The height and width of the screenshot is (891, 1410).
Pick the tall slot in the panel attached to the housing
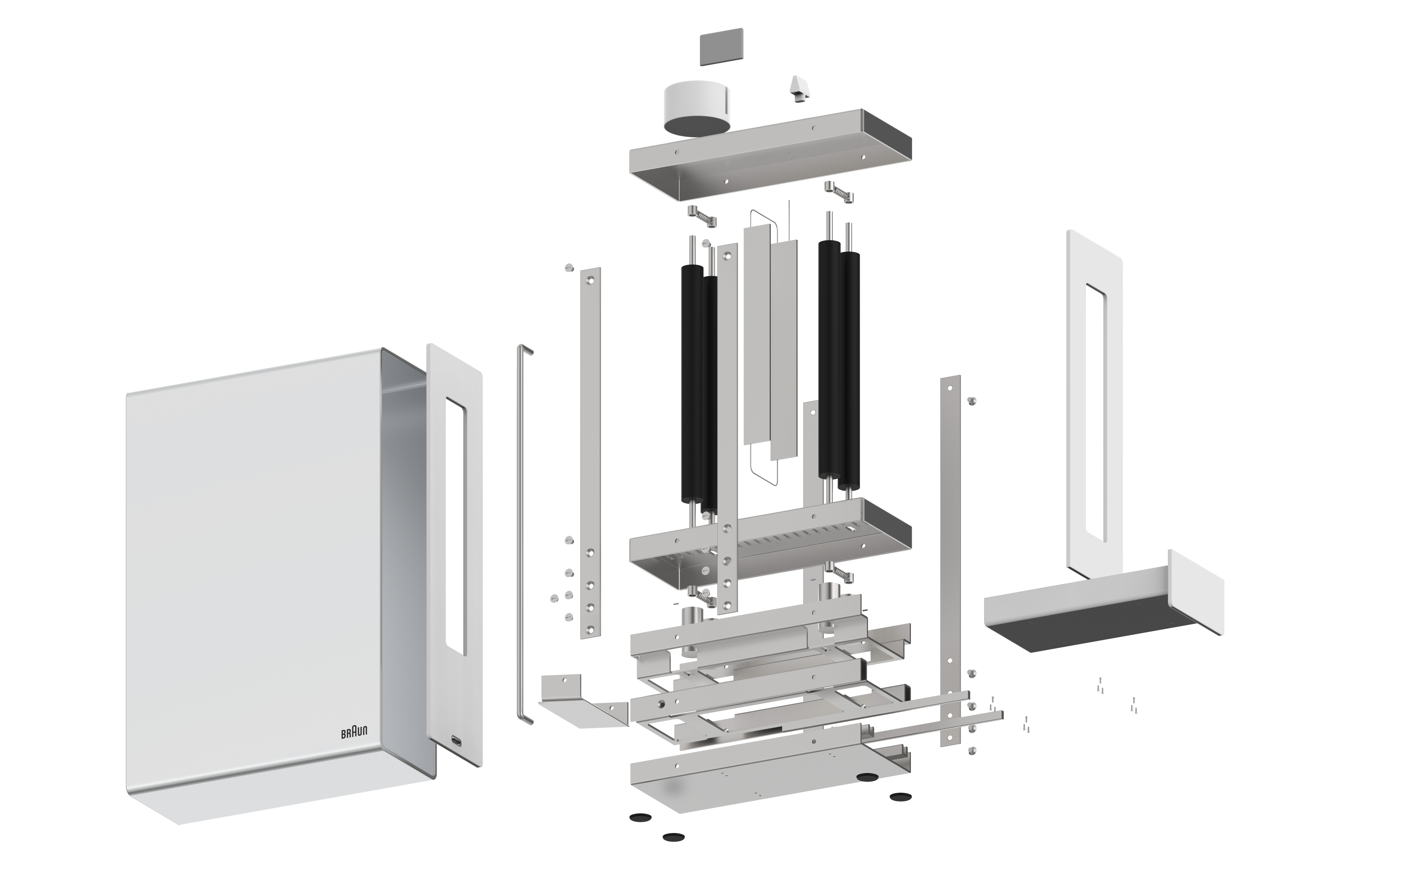click(x=455, y=525)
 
